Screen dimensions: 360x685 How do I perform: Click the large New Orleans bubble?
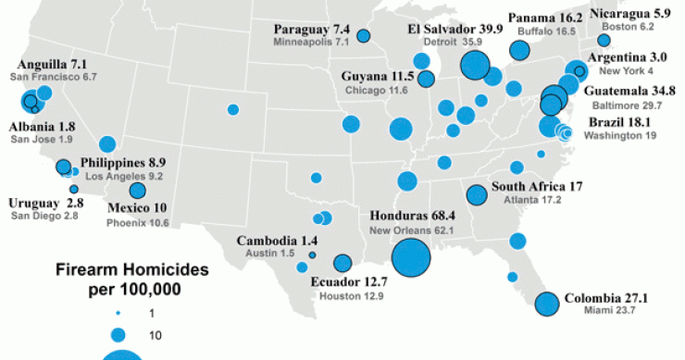413,256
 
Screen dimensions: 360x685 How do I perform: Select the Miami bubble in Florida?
547,304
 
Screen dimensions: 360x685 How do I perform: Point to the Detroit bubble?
475,65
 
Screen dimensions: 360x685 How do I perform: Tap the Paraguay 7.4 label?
311,30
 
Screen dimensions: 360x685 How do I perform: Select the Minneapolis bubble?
364,36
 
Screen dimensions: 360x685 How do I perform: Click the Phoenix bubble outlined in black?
138,191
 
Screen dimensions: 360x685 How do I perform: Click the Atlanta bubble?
477,194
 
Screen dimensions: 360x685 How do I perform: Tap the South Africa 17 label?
536,186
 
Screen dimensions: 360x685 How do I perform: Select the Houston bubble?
342,263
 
